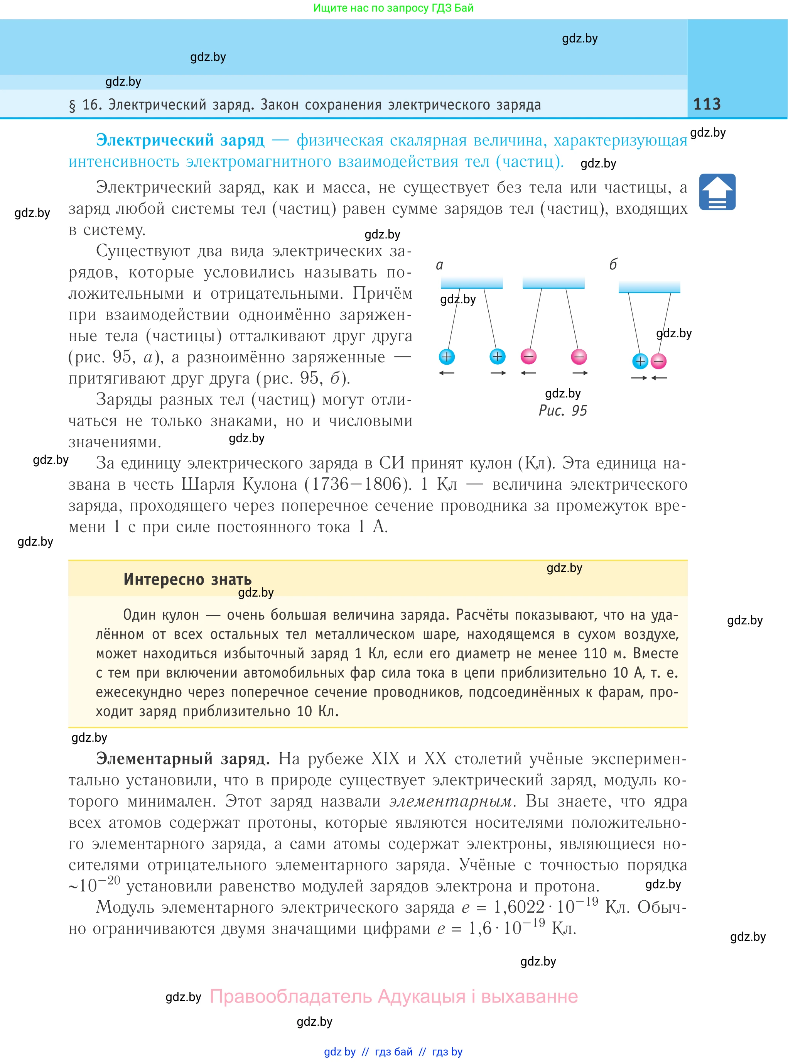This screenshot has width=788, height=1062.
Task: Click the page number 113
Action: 707,104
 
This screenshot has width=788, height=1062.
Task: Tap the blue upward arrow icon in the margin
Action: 717,192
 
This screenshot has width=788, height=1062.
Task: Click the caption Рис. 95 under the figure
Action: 562,411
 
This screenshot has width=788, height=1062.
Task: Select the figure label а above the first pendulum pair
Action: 439,265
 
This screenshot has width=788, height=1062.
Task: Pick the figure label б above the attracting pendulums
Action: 613,264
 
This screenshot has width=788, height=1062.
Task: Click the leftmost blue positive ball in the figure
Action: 447,357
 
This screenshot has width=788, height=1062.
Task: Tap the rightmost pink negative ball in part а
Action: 579,357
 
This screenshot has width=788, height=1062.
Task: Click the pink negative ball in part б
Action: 659,361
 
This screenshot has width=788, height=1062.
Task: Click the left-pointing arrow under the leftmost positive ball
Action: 447,373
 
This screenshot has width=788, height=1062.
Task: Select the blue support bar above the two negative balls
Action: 553,282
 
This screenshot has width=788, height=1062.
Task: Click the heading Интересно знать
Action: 187,579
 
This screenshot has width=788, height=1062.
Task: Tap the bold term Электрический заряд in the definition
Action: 180,140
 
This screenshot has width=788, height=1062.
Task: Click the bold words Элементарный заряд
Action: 183,758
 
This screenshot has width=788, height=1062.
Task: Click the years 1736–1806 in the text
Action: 357,484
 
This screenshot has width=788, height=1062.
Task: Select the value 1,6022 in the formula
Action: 519,907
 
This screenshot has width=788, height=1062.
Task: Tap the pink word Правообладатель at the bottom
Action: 290,997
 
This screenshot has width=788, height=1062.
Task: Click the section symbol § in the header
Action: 73,105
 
